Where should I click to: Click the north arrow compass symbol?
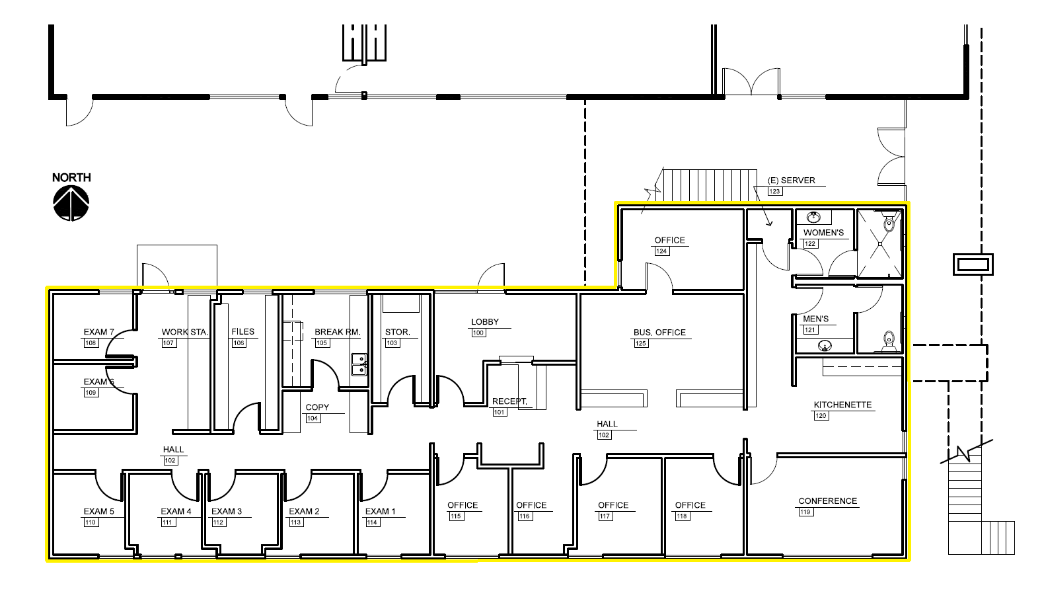[71, 203]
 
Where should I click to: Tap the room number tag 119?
[805, 512]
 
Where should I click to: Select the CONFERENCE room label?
[827, 501]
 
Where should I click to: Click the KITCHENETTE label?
[842, 405]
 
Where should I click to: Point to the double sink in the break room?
[359, 364]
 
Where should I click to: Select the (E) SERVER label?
[791, 181]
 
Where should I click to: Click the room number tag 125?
[640, 343]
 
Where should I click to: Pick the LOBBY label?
[485, 322]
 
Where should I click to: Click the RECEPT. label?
[509, 401]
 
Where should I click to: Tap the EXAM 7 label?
[98, 332]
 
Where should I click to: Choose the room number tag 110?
[91, 522]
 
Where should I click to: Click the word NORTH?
[71, 177]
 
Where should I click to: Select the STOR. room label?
[397, 332]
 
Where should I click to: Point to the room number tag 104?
[313, 419]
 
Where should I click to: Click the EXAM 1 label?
[381, 511]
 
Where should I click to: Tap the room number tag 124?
[661, 251]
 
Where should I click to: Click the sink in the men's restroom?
[825, 345]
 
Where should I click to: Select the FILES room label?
[242, 332]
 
